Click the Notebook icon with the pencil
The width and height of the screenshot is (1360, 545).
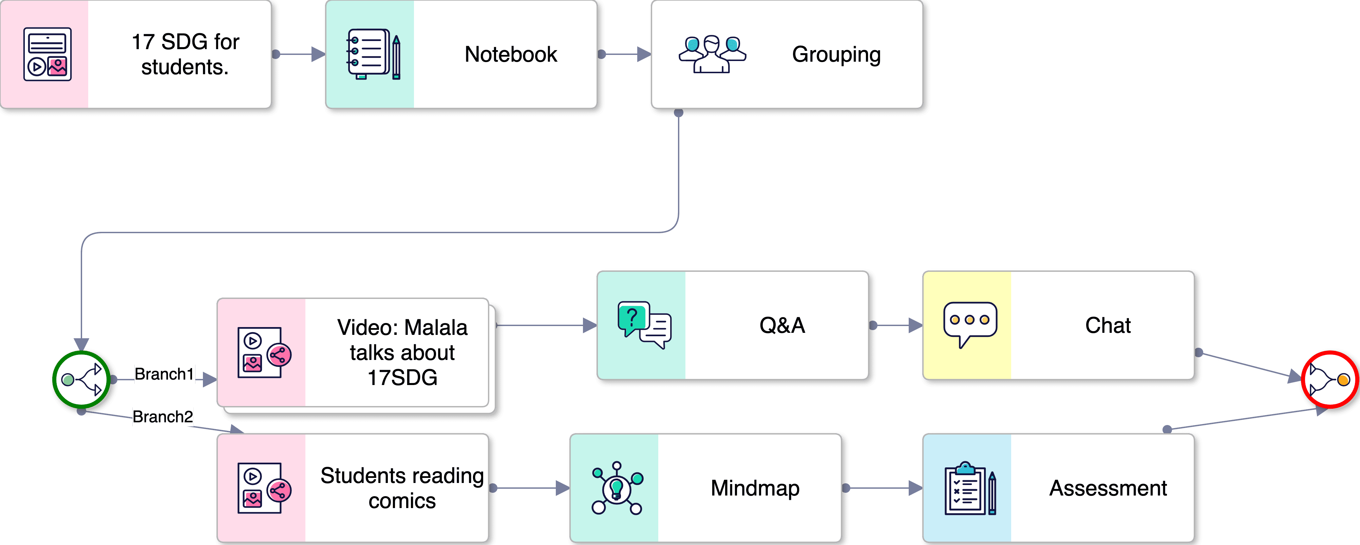point(373,54)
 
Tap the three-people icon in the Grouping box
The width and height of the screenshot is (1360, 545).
point(712,54)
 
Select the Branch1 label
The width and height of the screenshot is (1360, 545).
point(164,374)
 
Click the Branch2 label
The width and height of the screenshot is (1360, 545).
point(163,417)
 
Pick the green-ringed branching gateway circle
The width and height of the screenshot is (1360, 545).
point(81,379)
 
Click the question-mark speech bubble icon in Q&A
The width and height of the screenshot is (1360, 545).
point(644,325)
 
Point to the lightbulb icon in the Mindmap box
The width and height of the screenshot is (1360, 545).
point(617,488)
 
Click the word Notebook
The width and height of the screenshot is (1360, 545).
point(511,54)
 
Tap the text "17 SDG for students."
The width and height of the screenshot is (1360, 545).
point(185,54)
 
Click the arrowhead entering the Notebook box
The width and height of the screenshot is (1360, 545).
point(318,54)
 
